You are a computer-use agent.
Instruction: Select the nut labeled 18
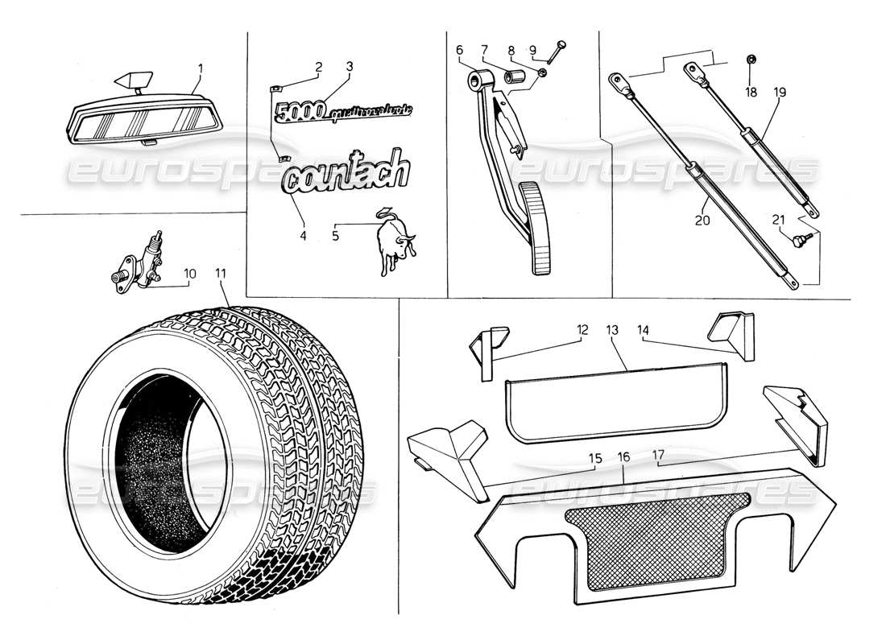tap(751, 59)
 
